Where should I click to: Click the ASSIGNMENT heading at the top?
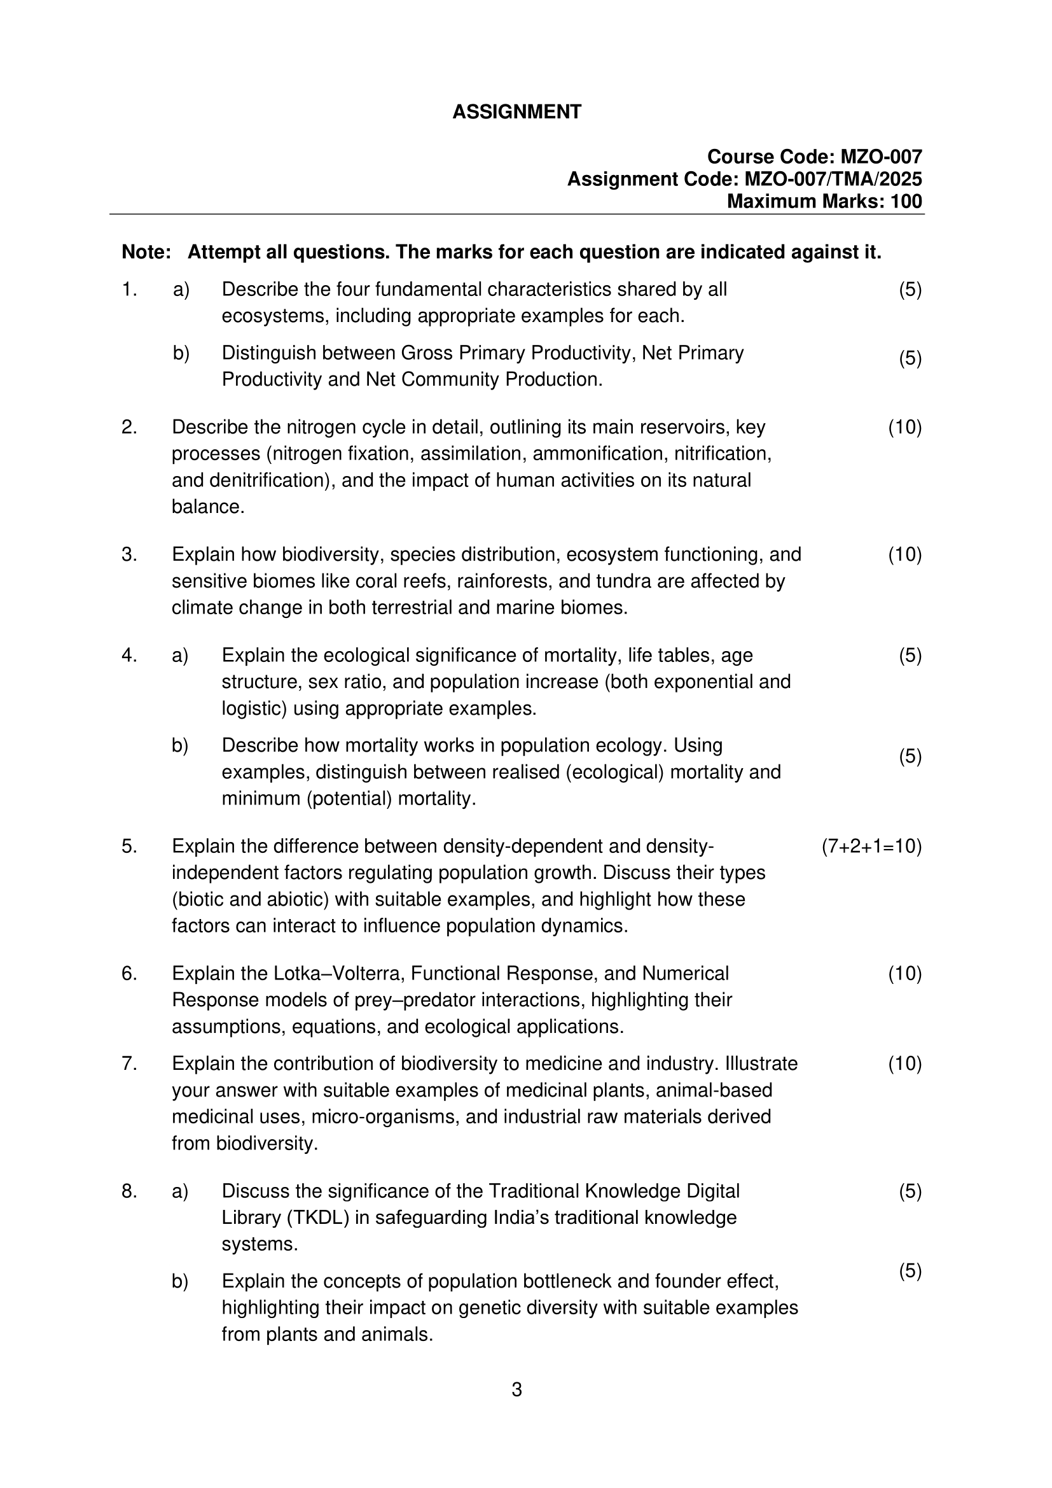(516, 112)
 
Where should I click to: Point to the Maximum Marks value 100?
(906, 202)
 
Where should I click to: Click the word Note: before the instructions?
(146, 252)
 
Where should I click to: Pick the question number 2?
(129, 427)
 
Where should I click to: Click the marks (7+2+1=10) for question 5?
(871, 846)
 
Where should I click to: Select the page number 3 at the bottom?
(516, 1389)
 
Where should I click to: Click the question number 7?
(129, 1063)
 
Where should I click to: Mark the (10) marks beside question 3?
(904, 555)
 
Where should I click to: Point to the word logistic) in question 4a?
(254, 708)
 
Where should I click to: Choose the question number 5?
(129, 846)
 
